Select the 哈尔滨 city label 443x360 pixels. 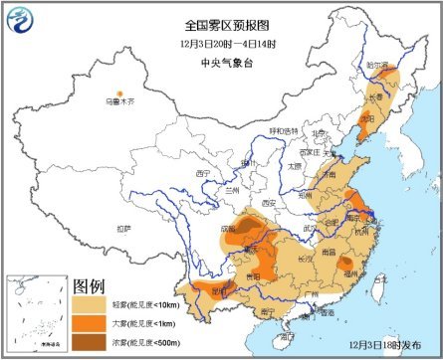(x=377, y=64)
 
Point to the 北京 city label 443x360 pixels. (x=319, y=132)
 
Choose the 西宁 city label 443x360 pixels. (x=204, y=173)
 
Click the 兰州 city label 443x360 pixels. (x=232, y=188)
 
